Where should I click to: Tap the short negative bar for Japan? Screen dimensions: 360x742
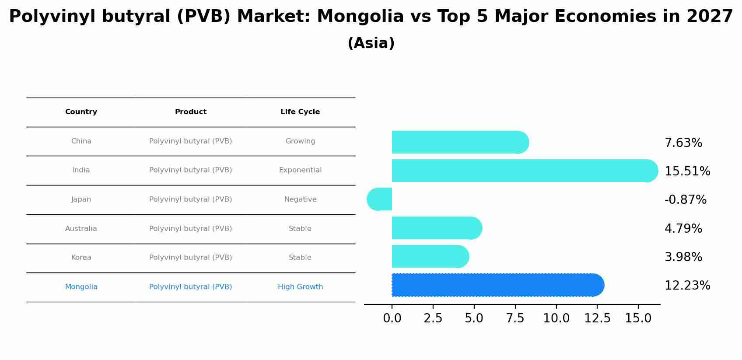click(380, 199)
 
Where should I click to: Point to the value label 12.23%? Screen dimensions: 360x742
click(687, 286)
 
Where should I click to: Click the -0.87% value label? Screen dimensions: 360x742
click(685, 200)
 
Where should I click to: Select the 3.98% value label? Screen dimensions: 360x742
click(683, 257)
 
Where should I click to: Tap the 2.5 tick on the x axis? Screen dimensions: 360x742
click(433, 318)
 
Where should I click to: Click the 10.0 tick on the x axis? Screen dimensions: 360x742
click(556, 318)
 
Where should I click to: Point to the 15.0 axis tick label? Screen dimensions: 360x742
click(638, 318)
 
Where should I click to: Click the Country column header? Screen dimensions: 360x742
click(81, 112)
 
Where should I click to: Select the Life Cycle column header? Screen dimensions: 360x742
click(300, 112)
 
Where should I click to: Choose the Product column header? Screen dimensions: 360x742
click(190, 112)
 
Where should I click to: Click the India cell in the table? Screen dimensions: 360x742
click(81, 170)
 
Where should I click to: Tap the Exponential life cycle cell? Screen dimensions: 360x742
click(300, 170)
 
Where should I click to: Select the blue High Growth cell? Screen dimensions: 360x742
click(300, 287)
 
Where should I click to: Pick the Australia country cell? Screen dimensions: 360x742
click(81, 229)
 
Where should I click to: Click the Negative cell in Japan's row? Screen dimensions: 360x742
click(300, 199)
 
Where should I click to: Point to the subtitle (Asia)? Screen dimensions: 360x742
click(371, 43)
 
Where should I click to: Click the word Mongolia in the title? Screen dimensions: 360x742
click(360, 17)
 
